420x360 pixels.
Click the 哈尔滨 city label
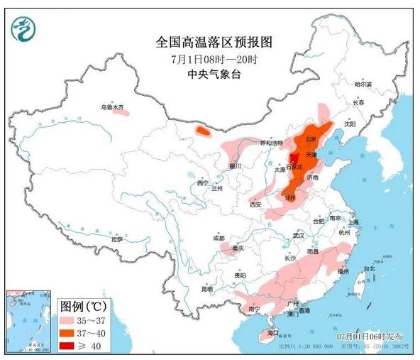(x=363, y=84)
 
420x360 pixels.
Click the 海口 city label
(x=272, y=333)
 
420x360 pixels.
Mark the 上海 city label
(x=353, y=222)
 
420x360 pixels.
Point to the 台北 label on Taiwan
(x=369, y=268)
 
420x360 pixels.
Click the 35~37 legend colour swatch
(x=70, y=320)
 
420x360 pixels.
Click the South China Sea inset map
(x=29, y=320)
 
